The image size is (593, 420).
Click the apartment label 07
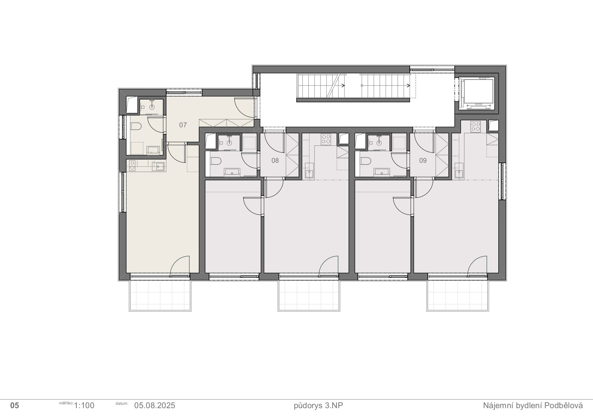coord(183,125)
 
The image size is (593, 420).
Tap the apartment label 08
coord(275,160)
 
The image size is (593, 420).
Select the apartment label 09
coord(423,160)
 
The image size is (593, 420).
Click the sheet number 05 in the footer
coord(15,405)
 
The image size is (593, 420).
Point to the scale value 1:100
coord(84,405)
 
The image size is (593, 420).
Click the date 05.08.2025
coord(155,405)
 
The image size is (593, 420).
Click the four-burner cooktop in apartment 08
coord(326,139)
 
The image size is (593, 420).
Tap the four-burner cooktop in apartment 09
coord(476,127)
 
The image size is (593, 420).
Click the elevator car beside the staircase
coord(478,93)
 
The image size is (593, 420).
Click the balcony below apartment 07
coord(160,295)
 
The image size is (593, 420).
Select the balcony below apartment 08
coord(309,295)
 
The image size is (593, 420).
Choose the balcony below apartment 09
coord(457,295)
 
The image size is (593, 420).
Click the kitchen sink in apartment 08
coord(309,174)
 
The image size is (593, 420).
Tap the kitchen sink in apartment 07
coord(158,167)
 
